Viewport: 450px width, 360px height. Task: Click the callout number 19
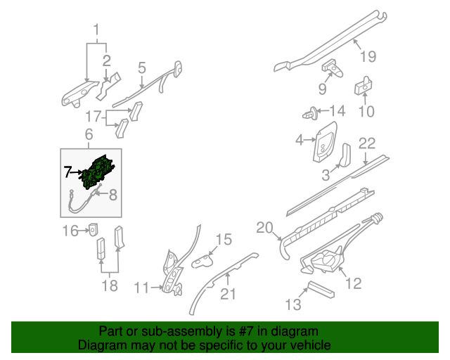click(x=368, y=56)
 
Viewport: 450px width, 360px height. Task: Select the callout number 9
click(x=322, y=89)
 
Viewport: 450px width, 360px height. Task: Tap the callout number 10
click(x=367, y=110)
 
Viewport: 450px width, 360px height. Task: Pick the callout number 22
click(x=367, y=143)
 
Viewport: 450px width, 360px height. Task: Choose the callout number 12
click(x=353, y=283)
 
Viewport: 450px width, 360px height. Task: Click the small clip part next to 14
click(x=309, y=112)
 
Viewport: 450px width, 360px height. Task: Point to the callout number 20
click(x=264, y=227)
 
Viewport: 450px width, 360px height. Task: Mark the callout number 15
click(x=223, y=240)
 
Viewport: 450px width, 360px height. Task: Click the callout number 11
click(x=142, y=287)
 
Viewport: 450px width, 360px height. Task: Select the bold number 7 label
click(x=67, y=171)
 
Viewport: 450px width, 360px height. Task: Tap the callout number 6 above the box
click(x=89, y=134)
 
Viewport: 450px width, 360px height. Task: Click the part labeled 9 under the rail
click(x=332, y=68)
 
